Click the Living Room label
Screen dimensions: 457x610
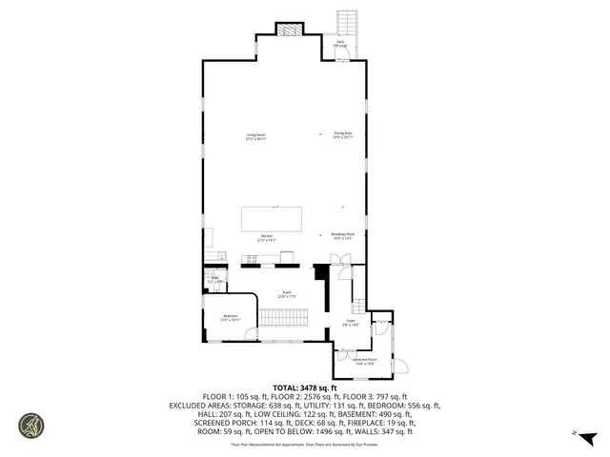pos(255,136)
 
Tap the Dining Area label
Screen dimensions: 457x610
pos(343,135)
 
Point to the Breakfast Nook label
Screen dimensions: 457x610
pos(343,235)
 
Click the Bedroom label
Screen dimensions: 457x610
pos(230,317)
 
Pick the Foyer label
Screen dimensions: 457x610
pos(350,323)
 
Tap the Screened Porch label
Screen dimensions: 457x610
pos(365,361)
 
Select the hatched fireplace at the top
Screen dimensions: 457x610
pos(289,30)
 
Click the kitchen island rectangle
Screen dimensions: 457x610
pos(272,218)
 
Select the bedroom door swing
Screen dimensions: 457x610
pos(249,332)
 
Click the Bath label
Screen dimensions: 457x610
pos(214,280)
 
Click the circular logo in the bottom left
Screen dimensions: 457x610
pos(31,425)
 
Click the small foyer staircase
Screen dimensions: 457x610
pos(359,306)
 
